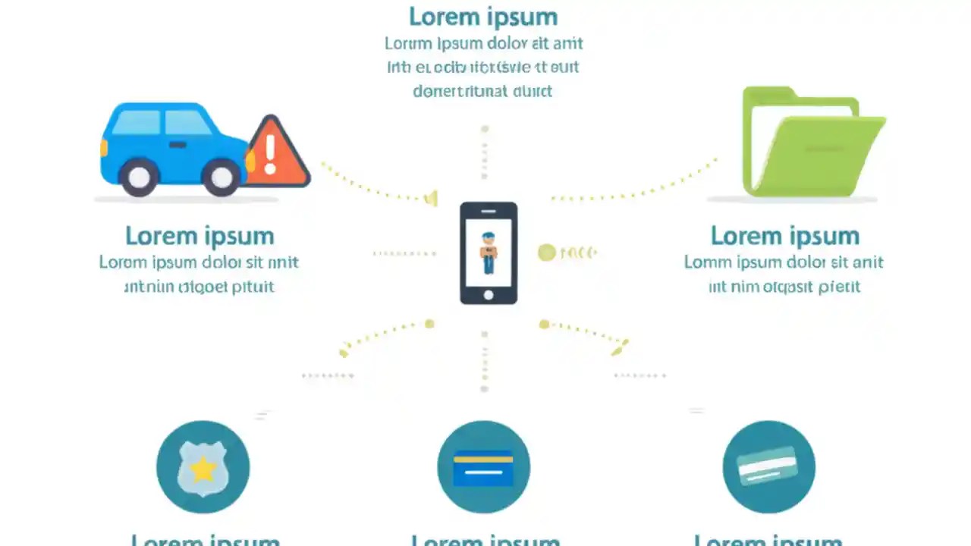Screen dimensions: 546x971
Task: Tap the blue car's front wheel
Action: (x=222, y=177)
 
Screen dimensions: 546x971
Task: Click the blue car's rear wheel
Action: (x=139, y=177)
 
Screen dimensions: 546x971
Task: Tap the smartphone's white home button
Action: (x=489, y=294)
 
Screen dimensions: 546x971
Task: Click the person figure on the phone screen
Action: (x=488, y=253)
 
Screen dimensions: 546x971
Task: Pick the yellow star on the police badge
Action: (x=203, y=469)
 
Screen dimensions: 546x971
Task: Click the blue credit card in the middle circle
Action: (x=483, y=468)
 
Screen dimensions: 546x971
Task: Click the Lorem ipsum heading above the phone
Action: (x=483, y=17)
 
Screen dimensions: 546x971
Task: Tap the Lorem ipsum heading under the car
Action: (x=200, y=236)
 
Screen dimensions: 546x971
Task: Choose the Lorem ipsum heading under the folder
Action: (x=784, y=236)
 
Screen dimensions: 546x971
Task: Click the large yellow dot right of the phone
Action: (x=547, y=253)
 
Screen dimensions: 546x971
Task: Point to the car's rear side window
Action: (x=136, y=122)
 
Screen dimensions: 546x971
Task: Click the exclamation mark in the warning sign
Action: (x=270, y=154)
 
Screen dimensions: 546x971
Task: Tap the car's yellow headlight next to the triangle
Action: (x=250, y=160)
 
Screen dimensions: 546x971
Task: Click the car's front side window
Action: (x=187, y=123)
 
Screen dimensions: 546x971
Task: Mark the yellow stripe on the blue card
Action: (x=483, y=458)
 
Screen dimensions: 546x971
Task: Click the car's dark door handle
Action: (x=178, y=144)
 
